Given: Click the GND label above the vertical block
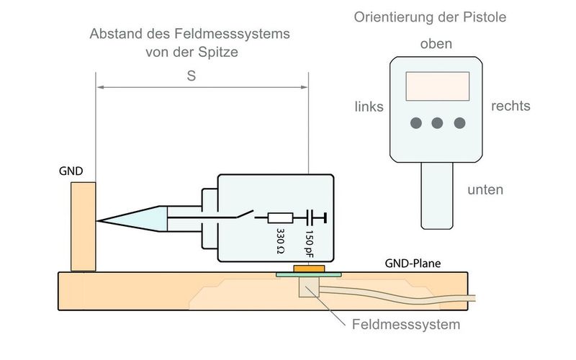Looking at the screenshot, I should (x=73, y=172).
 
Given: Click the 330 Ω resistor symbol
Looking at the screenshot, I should (x=280, y=217).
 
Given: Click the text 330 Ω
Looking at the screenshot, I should (x=281, y=240).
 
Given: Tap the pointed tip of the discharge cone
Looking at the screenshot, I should (x=99, y=220).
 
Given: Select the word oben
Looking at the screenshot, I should (x=436, y=44).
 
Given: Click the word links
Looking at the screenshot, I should (x=369, y=107).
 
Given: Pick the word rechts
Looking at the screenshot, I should (x=510, y=107).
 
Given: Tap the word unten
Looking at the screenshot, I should (x=485, y=190).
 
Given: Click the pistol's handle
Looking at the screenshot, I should (x=437, y=194).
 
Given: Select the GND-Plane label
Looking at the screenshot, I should (x=413, y=264).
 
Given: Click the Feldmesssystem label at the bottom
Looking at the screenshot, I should (x=406, y=325).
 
